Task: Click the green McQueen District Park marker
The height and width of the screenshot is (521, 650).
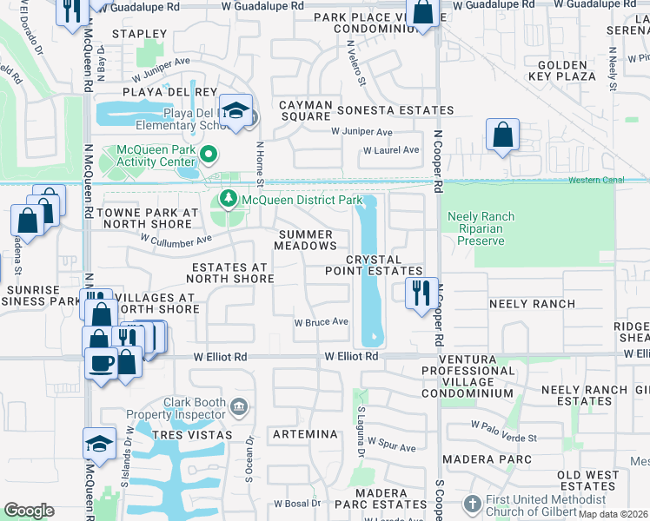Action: click(229, 200)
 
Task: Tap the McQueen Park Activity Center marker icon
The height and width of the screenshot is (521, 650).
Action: click(209, 156)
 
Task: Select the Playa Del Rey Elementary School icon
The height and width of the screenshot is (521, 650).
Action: click(235, 111)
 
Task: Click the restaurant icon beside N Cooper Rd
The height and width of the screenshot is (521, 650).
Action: click(421, 291)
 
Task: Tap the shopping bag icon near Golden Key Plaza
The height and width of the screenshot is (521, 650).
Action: click(503, 135)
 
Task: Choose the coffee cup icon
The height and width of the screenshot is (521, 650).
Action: click(101, 362)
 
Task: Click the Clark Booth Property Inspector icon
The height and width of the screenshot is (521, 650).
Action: click(239, 405)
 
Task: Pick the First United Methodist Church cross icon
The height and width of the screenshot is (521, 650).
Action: click(472, 505)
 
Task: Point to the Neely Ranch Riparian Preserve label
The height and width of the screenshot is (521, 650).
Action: click(480, 228)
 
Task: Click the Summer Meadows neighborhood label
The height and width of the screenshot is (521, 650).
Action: click(306, 241)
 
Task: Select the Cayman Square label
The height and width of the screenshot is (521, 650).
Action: click(305, 111)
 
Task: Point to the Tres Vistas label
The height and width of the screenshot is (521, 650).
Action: click(192, 434)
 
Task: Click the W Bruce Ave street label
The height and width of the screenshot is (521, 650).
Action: click(321, 322)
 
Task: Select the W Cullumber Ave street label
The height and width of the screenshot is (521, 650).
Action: click(176, 240)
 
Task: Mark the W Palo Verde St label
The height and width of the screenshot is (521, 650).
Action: click(505, 425)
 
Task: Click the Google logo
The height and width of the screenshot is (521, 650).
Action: click(29, 511)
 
